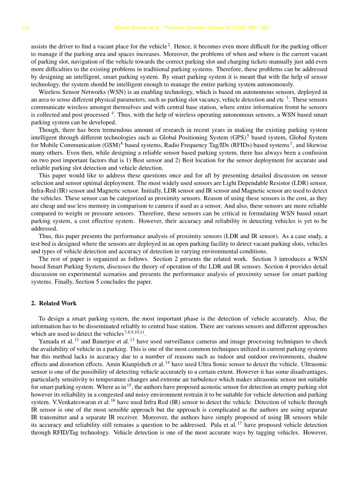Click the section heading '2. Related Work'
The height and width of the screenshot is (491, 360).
(x=54, y=304)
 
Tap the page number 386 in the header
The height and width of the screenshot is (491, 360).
(x=26, y=28)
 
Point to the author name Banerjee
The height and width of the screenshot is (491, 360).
(x=107, y=341)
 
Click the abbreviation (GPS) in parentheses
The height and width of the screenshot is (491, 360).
(x=237, y=138)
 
